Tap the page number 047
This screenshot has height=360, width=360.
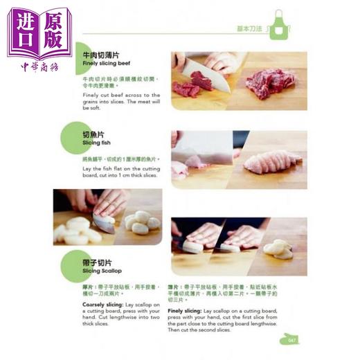289,340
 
